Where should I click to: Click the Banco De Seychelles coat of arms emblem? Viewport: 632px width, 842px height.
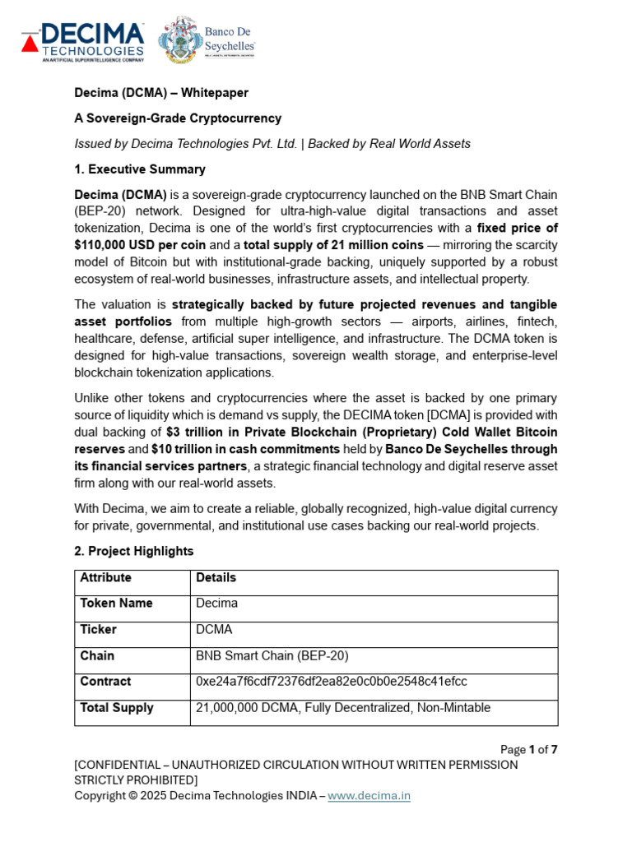coord(180,40)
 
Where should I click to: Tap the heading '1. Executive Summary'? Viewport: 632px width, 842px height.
coord(139,169)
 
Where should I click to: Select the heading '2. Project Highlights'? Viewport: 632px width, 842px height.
coord(133,551)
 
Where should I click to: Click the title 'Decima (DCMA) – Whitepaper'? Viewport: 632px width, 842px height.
coord(161,94)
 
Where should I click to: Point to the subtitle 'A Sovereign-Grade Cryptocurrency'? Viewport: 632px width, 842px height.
coord(178,118)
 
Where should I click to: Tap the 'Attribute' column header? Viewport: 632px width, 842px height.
coord(105,578)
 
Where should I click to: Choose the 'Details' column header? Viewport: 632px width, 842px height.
coord(216,578)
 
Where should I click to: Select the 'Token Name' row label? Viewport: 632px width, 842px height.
coord(116,604)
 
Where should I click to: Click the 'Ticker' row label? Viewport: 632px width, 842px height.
coord(98,630)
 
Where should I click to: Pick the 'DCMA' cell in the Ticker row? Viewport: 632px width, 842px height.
coord(214,630)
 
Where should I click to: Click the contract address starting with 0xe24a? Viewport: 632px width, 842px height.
coord(332,682)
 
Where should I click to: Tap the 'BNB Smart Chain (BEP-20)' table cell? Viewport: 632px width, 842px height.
coord(272,656)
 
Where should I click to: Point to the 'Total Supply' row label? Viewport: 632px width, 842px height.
coord(116,708)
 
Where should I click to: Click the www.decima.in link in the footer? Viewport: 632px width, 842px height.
coord(369,795)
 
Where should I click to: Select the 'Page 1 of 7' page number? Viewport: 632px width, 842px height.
coord(529,749)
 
